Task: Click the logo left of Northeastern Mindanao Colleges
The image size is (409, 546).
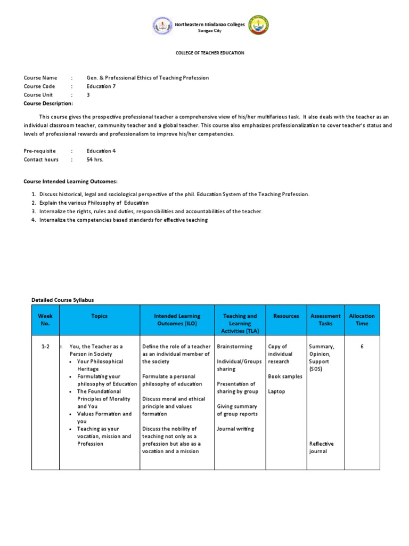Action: click(x=162, y=26)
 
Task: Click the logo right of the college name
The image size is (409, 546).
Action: click(x=259, y=26)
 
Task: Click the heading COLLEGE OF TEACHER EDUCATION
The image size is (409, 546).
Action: click(x=209, y=53)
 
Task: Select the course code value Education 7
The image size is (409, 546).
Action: click(x=101, y=86)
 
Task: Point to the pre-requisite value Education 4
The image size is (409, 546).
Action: click(x=101, y=151)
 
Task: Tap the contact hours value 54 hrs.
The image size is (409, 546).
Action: click(x=95, y=159)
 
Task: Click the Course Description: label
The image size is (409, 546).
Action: click(x=48, y=103)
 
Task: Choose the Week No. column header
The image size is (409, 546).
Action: click(x=45, y=320)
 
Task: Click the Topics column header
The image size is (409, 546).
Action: click(x=99, y=316)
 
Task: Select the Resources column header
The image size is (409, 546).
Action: click(x=286, y=316)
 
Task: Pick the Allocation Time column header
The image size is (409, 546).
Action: click(x=362, y=320)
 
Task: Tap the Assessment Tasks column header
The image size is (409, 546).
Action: click(x=325, y=320)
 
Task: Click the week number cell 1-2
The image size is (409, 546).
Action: click(x=45, y=347)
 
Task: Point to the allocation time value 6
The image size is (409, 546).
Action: click(x=362, y=347)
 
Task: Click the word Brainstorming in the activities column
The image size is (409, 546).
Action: click(x=235, y=347)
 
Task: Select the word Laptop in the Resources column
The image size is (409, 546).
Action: click(x=276, y=391)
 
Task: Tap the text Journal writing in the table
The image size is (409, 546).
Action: click(x=235, y=429)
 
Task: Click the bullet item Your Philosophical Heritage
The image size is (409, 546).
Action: click(x=100, y=365)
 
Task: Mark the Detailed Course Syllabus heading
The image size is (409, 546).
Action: click(x=63, y=301)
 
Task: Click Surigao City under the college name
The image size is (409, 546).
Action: click(x=209, y=31)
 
